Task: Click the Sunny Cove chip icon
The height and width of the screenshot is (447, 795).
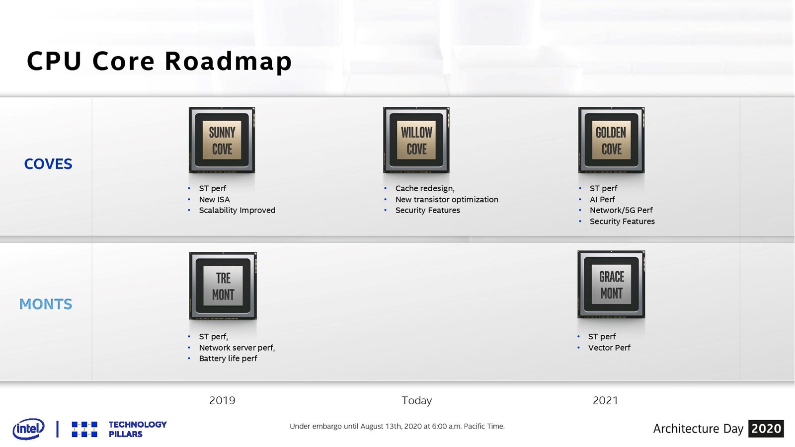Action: click(x=222, y=140)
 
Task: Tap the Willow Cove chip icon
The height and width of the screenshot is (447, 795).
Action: click(x=416, y=140)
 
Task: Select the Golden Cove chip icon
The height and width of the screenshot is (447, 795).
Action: click(x=611, y=140)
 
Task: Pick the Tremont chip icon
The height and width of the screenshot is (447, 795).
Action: click(x=223, y=286)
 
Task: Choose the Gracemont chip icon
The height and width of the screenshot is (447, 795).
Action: click(x=611, y=284)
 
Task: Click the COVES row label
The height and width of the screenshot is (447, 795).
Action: click(x=48, y=164)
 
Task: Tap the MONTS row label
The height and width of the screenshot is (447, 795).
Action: click(x=46, y=304)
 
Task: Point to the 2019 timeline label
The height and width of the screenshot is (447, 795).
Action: click(x=222, y=400)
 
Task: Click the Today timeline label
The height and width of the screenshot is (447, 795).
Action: click(x=417, y=400)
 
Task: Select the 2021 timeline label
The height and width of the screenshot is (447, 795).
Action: click(x=605, y=400)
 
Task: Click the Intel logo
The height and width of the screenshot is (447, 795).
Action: click(x=28, y=429)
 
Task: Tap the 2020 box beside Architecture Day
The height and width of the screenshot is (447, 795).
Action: click(x=766, y=429)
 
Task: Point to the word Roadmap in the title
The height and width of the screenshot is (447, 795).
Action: click(x=228, y=61)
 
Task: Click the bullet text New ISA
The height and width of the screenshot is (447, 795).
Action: click(x=214, y=199)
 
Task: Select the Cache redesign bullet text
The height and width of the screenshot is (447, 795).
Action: click(x=425, y=188)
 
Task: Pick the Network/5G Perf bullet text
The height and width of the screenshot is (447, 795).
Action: click(x=621, y=211)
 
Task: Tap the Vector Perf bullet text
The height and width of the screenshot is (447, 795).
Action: click(x=609, y=348)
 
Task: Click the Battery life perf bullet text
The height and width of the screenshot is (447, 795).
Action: click(x=228, y=358)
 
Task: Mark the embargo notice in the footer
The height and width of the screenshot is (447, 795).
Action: click(x=397, y=426)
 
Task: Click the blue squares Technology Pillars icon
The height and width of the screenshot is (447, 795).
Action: click(x=84, y=429)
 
